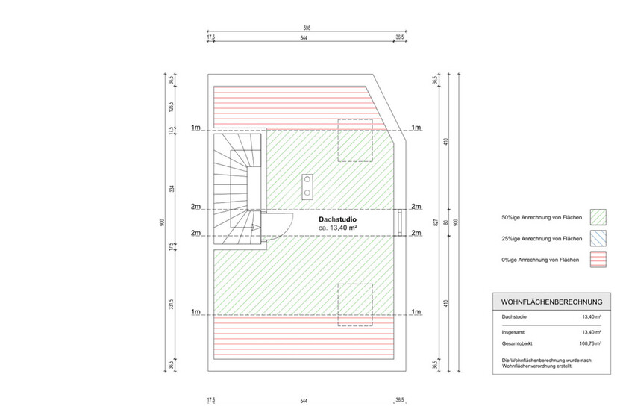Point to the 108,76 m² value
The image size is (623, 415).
click(x=592, y=344)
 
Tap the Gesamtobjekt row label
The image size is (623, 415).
click(x=519, y=344)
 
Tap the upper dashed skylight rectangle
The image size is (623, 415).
click(x=356, y=140)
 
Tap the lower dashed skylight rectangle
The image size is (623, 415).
click(x=356, y=305)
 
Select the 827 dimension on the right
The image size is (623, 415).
click(x=446, y=222)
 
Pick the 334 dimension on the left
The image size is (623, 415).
click(x=172, y=187)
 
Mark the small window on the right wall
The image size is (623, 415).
click(x=401, y=220)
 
